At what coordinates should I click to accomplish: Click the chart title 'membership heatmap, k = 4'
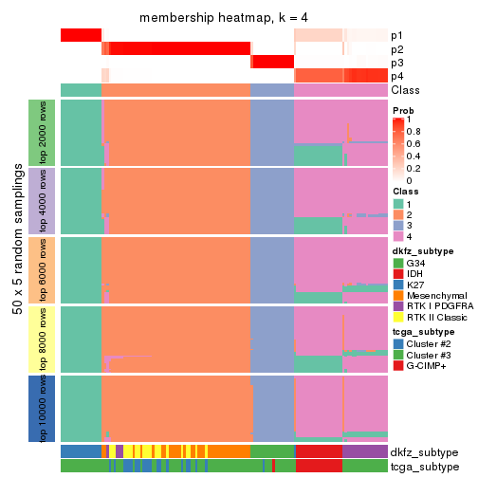coord(224,18)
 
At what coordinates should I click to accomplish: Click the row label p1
coord(396,36)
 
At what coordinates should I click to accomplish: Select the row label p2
coord(396,49)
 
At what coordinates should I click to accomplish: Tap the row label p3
coord(396,63)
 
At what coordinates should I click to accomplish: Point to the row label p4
coord(396,76)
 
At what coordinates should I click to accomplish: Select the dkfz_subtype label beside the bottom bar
coord(424,452)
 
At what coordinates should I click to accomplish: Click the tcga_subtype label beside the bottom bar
coord(424,467)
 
